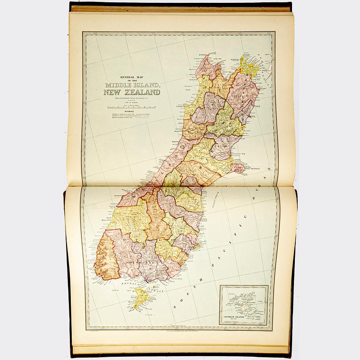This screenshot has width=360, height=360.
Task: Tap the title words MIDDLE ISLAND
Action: tap(134, 84)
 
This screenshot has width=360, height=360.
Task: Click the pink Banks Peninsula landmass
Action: tap(237, 167)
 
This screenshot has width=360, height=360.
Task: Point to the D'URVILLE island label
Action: tap(248, 58)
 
